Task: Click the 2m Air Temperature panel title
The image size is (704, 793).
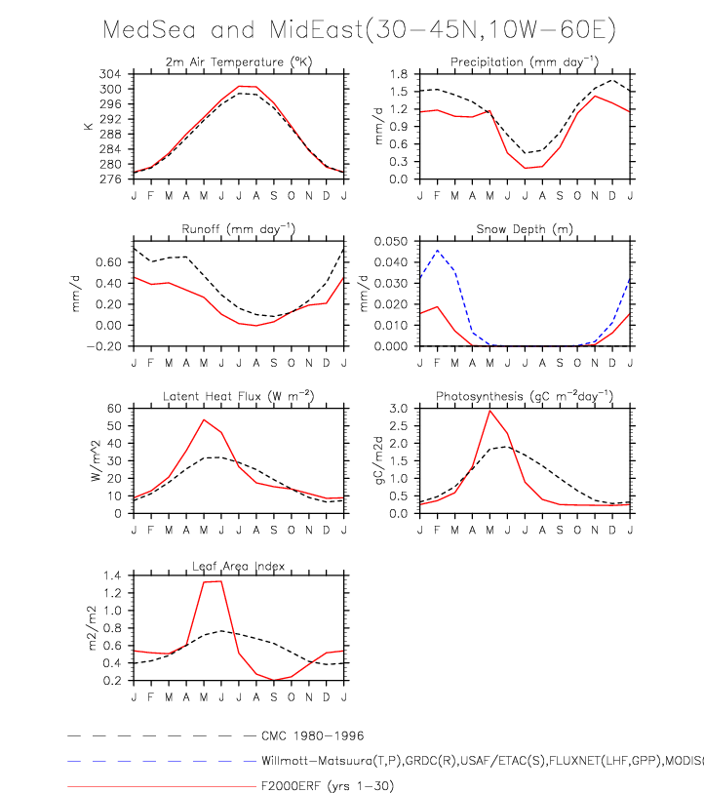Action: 238,63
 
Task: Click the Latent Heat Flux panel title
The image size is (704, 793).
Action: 238,394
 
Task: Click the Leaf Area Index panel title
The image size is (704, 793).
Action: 238,562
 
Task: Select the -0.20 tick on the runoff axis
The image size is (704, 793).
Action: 109,346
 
